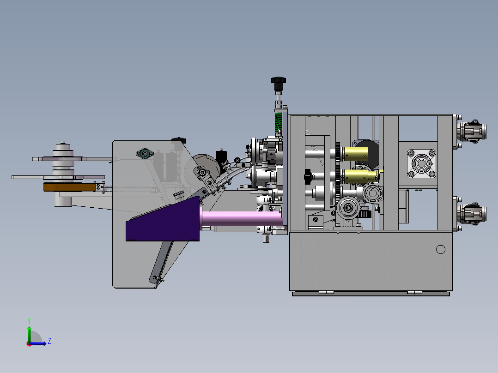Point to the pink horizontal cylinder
241,219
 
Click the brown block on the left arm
70,187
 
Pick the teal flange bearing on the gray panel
145,154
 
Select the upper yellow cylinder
355,154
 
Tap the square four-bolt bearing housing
421,163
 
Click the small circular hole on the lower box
441,250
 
